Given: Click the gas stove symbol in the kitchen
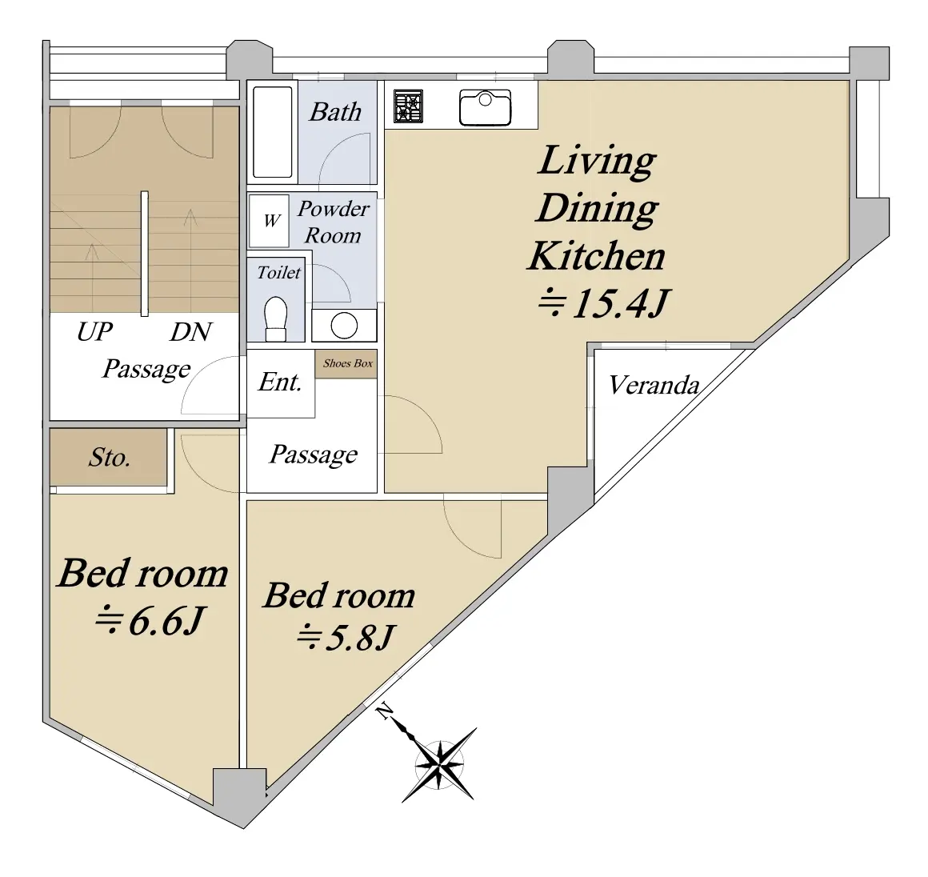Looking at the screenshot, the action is pos(408,106).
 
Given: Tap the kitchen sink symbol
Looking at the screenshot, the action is pos(486,107).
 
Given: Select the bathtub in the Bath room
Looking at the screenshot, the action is pos(273,132).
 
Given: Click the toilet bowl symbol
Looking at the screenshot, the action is pos(276,318).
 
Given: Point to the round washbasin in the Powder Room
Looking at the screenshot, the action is pos(345,325).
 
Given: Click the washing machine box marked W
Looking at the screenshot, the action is pos(270,221).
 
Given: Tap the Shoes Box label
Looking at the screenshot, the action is pos(348,363).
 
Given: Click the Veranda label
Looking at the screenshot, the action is pos(654,386).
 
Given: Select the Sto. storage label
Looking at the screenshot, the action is pos(110,457).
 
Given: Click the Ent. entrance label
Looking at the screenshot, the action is pos(280,382).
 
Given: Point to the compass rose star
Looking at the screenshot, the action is pos(439,764).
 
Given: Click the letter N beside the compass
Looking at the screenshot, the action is pos(386,711).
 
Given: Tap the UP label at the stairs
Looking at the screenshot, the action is pos(94,331).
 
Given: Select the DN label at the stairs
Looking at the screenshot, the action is pos(190,332).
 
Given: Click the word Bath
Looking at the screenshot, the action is pos(335,112).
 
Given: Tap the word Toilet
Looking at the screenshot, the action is pos(278,272).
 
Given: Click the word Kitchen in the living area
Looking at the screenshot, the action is pos(597,256).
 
